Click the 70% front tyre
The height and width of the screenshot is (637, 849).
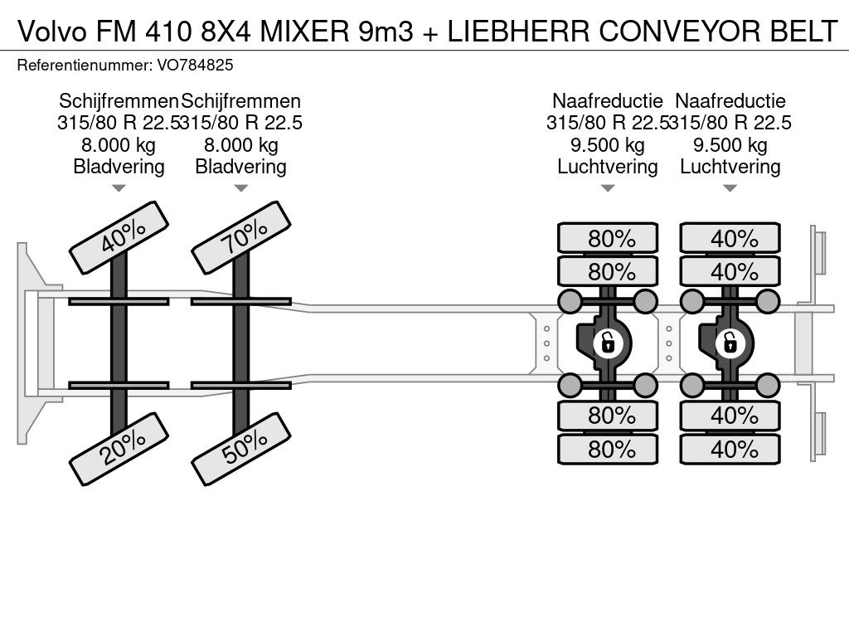pyautogui.click(x=241, y=237)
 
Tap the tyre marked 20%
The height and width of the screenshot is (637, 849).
pyautogui.click(x=119, y=449)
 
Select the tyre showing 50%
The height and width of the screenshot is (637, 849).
pyautogui.click(x=241, y=449)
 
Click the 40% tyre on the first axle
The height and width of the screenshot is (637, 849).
pyautogui.click(x=119, y=237)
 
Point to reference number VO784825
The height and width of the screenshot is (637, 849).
pyautogui.click(x=196, y=65)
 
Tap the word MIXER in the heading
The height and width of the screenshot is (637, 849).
pyautogui.click(x=305, y=31)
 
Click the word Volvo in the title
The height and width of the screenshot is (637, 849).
pyautogui.click(x=51, y=31)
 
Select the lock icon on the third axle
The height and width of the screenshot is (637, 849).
pyautogui.click(x=608, y=343)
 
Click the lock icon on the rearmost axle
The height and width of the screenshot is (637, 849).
pyautogui.click(x=730, y=343)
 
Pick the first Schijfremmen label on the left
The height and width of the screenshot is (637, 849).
pyautogui.click(x=119, y=100)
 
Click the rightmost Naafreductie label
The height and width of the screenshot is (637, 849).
pyautogui.click(x=730, y=100)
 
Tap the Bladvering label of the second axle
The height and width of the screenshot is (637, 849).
pyautogui.click(x=241, y=166)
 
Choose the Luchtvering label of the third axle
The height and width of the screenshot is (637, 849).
pyautogui.click(x=608, y=166)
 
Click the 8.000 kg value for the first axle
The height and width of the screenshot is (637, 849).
pyautogui.click(x=119, y=144)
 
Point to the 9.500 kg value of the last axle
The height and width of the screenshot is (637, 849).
pyautogui.click(x=730, y=144)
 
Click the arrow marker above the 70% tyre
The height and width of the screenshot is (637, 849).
pyautogui.click(x=241, y=188)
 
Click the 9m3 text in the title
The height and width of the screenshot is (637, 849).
pyautogui.click(x=386, y=31)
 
